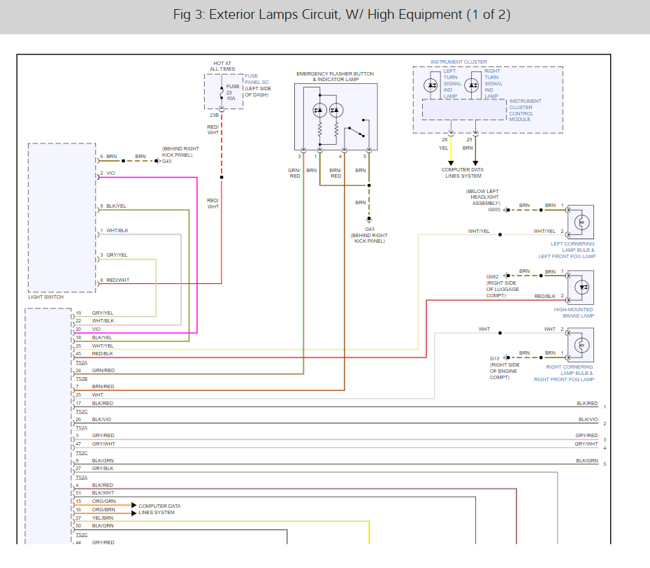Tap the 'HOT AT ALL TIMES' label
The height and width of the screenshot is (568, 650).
tap(222, 66)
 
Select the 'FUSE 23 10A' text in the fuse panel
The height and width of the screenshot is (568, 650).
tap(232, 92)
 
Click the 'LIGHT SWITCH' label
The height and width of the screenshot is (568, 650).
tap(46, 297)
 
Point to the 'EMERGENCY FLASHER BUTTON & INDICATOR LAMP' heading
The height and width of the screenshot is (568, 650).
tap(335, 77)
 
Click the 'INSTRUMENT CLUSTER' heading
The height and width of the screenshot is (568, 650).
tap(458, 62)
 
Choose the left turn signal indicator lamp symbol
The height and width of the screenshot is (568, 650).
tap(431, 85)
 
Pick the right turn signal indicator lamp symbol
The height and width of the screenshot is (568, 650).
tap(472, 85)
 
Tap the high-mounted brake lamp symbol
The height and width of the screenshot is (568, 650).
tap(582, 287)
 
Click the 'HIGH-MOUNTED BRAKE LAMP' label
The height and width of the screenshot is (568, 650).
tap(574, 313)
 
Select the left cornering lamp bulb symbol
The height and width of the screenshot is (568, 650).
tap(582, 222)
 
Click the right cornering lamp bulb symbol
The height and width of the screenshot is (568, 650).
tap(582, 345)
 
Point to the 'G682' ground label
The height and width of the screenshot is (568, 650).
tap(493, 277)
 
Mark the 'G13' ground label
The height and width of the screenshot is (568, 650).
tap(495, 358)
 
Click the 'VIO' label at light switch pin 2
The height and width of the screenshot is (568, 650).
tap(110, 173)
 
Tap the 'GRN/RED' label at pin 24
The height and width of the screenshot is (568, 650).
tap(103, 371)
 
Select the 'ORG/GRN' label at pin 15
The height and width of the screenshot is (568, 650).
tap(103, 502)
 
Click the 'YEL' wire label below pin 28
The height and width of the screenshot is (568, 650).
tap(444, 148)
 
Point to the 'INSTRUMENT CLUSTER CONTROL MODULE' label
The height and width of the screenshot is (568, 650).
tap(525, 111)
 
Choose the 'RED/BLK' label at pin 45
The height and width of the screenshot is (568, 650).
tap(102, 354)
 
